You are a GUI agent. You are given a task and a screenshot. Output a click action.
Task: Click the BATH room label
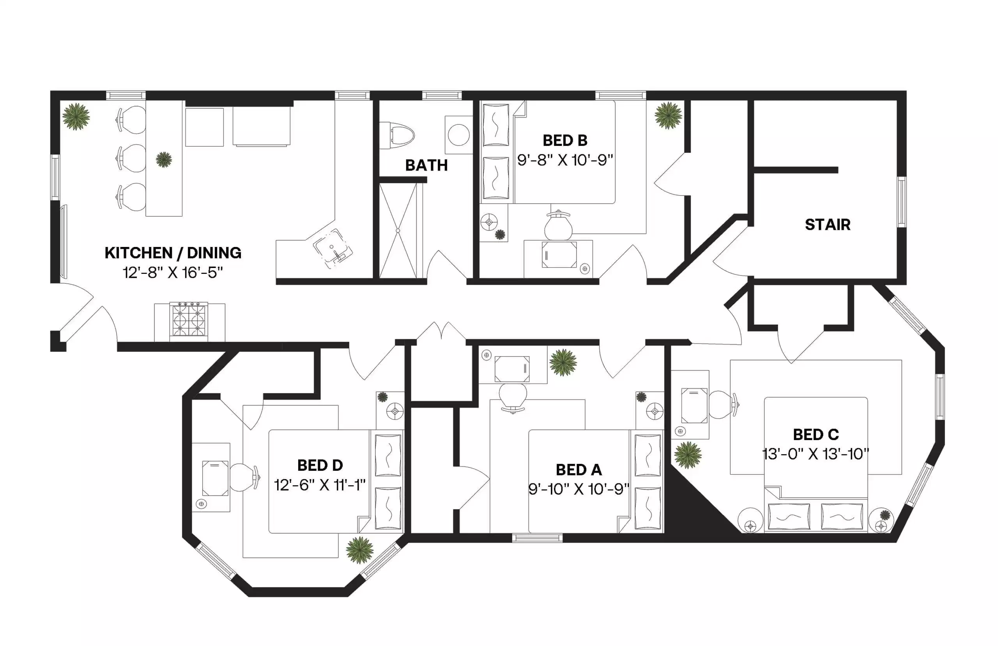[x=426, y=165]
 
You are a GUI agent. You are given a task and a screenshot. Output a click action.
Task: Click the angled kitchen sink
[x=333, y=248]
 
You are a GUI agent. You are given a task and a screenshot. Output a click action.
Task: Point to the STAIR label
[x=827, y=225]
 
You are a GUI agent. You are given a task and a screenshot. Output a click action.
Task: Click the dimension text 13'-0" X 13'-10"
[x=816, y=454]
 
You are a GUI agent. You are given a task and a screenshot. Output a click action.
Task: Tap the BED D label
[x=320, y=465]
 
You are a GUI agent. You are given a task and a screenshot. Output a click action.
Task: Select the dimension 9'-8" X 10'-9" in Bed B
[x=564, y=160]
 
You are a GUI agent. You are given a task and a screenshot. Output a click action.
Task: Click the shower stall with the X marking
[x=398, y=231]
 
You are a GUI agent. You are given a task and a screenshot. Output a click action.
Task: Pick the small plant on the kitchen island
[x=163, y=160]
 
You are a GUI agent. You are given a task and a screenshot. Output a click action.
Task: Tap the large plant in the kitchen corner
[x=76, y=116]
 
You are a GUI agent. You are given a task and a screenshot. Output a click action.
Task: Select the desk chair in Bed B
[x=558, y=227]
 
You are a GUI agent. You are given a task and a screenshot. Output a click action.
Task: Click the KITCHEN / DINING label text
[x=173, y=253]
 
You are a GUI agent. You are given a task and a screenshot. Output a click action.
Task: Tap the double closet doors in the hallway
[x=441, y=332]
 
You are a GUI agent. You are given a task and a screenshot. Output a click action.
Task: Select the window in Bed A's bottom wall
[x=537, y=538]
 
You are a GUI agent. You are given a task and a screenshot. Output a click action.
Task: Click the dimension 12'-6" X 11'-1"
[x=320, y=485]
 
